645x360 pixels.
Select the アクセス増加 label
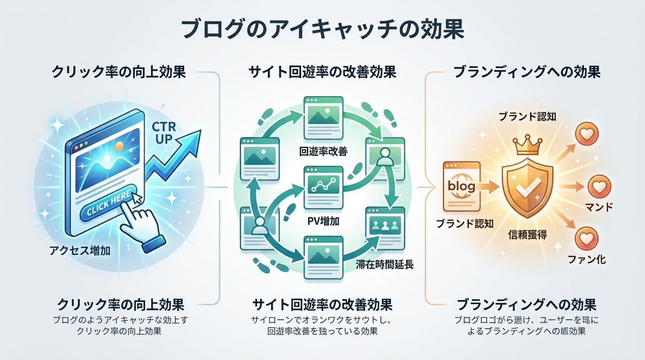[x=80, y=251]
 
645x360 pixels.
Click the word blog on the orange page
[x=461, y=186]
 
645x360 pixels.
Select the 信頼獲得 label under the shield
[x=527, y=233]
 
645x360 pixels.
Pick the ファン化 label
[x=586, y=259]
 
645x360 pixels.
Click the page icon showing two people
[x=384, y=224]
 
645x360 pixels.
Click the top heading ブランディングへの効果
[x=527, y=73]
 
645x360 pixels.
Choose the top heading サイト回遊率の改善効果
[x=323, y=73]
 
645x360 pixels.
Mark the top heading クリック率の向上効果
[x=119, y=73]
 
